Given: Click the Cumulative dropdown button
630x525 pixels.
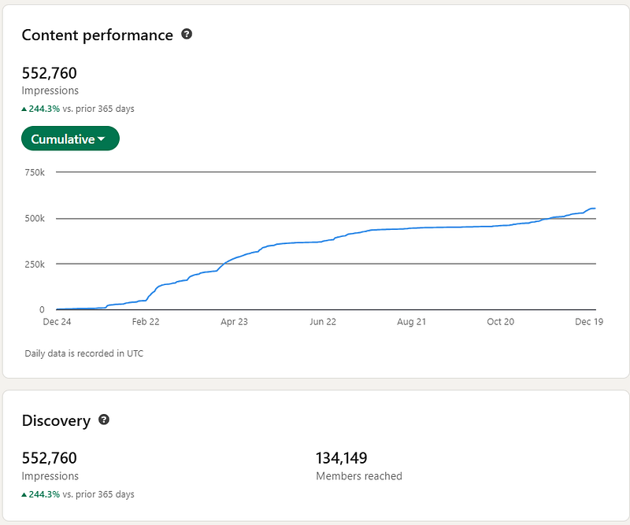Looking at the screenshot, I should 69,139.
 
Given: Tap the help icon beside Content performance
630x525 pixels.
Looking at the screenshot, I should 187,35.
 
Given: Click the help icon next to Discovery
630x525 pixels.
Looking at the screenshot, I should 104,420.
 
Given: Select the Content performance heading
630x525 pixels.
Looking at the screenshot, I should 97,35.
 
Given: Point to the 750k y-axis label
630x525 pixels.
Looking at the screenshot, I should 35,172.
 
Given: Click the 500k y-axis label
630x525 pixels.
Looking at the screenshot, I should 35,218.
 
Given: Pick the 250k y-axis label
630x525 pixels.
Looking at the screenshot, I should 35,264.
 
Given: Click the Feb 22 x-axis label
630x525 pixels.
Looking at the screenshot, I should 145,322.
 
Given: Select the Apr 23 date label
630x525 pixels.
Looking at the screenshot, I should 234,322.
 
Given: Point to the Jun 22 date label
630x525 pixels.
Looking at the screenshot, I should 324,322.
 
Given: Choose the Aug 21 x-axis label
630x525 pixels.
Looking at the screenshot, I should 413,322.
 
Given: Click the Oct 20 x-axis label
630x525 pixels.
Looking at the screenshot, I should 501,322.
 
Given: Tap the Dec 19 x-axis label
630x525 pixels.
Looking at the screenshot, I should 589,322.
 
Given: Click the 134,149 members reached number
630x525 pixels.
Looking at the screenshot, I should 342,457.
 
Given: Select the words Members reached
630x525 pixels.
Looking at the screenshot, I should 358,476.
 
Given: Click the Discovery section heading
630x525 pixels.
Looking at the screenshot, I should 56,421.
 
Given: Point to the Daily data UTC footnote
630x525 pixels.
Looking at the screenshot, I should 83,353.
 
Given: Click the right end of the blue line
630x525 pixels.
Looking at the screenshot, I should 595,209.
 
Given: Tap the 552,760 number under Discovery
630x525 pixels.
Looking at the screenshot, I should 49,457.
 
